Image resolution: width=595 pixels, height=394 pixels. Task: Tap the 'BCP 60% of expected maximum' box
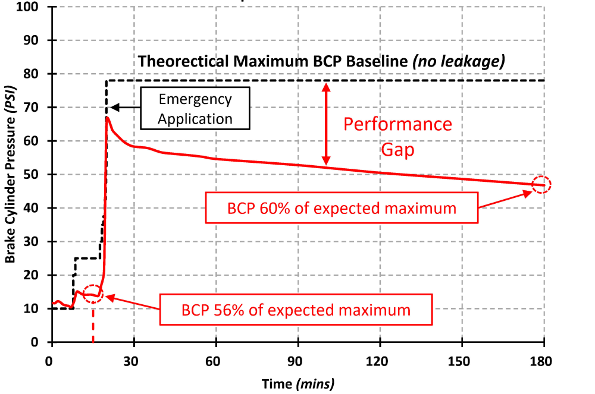pyautogui.click(x=342, y=207)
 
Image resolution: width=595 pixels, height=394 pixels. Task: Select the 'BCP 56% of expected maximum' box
pyautogui.click(x=295, y=310)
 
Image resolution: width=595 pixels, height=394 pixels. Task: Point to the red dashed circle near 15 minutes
pyautogui.click(x=93, y=294)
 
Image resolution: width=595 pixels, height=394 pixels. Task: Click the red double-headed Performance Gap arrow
pyautogui.click(x=325, y=124)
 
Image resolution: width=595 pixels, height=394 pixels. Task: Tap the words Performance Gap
pyautogui.click(x=397, y=137)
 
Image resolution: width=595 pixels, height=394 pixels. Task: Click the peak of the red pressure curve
pyautogui.click(x=107, y=118)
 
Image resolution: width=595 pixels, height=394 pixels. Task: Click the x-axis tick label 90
pyautogui.click(x=298, y=361)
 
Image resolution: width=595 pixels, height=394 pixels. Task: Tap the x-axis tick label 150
pyautogui.click(x=462, y=361)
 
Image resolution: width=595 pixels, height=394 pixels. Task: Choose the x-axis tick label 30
pyautogui.click(x=134, y=361)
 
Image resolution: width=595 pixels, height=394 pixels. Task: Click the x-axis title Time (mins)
pyautogui.click(x=298, y=383)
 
